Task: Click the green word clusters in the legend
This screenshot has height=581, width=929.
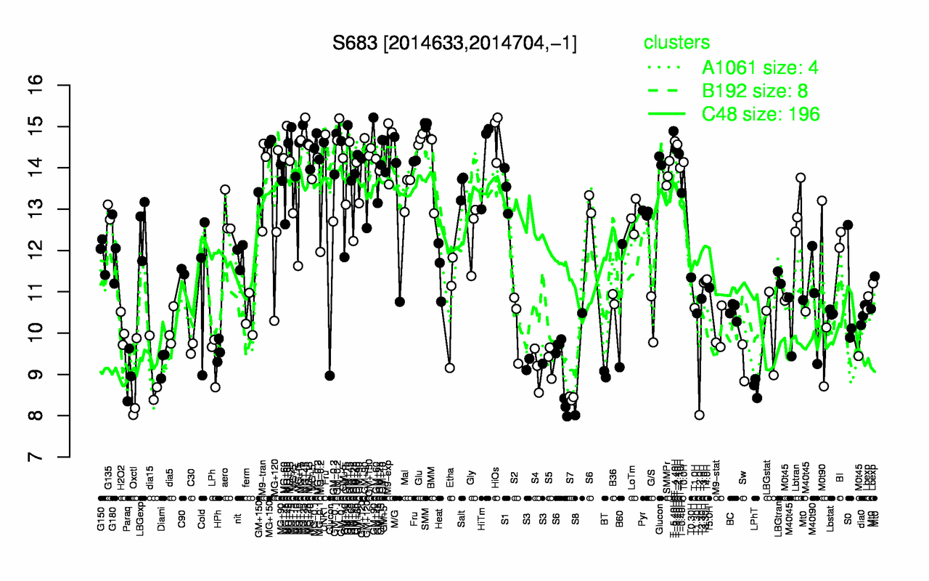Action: pyautogui.click(x=676, y=43)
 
